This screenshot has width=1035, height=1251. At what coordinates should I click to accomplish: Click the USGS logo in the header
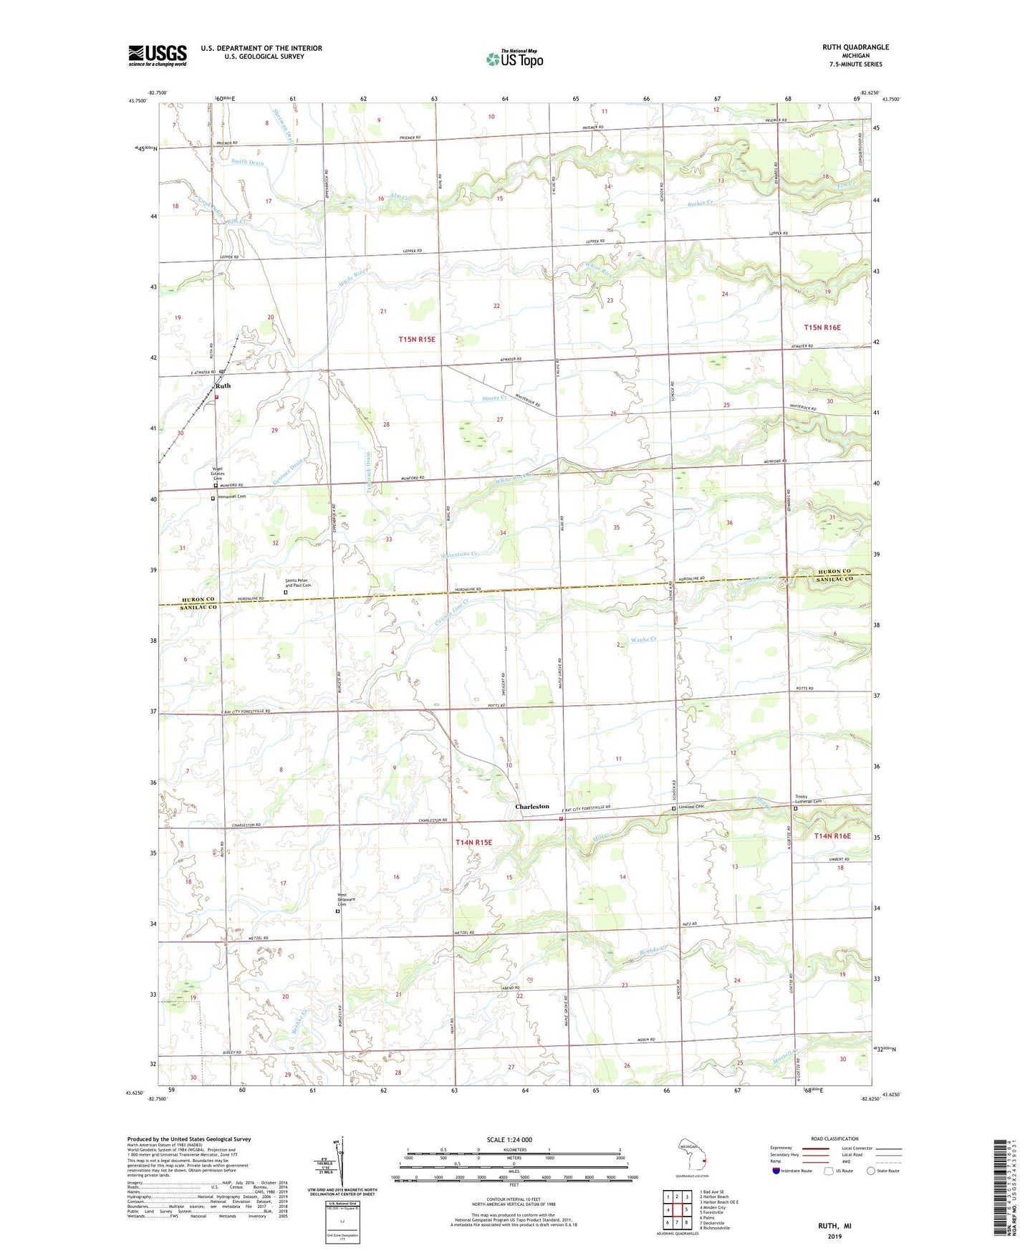[x=158, y=55]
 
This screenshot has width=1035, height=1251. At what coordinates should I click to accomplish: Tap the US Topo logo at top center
[x=514, y=59]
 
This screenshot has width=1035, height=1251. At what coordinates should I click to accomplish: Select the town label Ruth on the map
[x=223, y=385]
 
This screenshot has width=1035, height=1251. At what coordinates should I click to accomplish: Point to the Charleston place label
[x=532, y=806]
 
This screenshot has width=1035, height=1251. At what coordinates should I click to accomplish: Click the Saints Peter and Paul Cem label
[x=299, y=583]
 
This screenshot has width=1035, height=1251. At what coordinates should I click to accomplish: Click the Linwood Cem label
[x=690, y=807]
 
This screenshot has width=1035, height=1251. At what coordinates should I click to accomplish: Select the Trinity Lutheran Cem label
[x=808, y=799]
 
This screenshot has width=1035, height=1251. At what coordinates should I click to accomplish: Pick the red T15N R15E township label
[x=417, y=339]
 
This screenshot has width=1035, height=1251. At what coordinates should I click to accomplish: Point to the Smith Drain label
[x=248, y=163]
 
